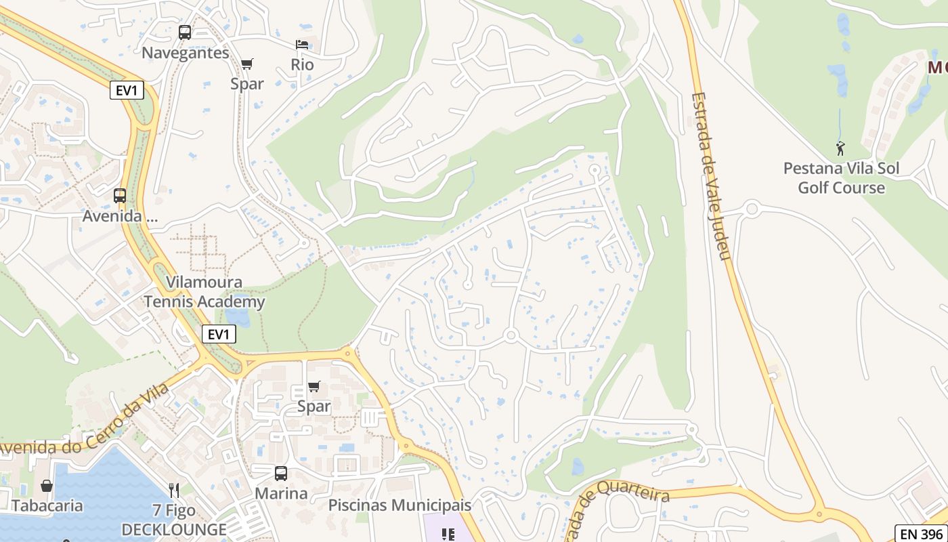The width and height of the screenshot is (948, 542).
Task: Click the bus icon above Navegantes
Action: pyautogui.click(x=184, y=32)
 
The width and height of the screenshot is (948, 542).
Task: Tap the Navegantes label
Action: pyautogui.click(x=185, y=53)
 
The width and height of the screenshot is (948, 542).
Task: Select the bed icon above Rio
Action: pyautogui.click(x=302, y=45)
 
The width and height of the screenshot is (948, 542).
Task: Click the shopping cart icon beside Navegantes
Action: pyautogui.click(x=246, y=64)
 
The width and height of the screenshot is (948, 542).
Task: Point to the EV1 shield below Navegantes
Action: pyautogui.click(x=127, y=90)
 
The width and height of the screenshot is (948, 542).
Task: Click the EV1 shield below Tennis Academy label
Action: pyautogui.click(x=219, y=334)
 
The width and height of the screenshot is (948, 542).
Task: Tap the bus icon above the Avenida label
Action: pyautogui.click(x=120, y=196)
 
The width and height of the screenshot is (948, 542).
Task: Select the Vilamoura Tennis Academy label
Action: pyautogui.click(x=204, y=292)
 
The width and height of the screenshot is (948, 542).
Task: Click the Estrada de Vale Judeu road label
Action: pyautogui.click(x=710, y=176)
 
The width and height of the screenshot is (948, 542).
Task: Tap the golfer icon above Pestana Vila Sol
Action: pyautogui.click(x=840, y=148)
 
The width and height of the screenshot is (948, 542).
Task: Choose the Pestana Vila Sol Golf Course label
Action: pyautogui.click(x=841, y=178)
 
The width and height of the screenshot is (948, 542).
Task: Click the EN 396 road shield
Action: pyautogui.click(x=920, y=533)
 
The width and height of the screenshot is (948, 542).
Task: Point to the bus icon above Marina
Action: pyautogui.click(x=281, y=474)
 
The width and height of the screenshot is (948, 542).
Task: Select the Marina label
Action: pyautogui.click(x=281, y=493)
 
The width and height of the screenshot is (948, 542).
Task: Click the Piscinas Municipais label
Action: pyautogui.click(x=400, y=505)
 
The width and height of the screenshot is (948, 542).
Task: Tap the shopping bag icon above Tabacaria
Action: pyautogui.click(x=47, y=486)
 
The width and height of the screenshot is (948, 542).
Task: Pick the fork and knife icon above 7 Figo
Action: pyautogui.click(x=174, y=490)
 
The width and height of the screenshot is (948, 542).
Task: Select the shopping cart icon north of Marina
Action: pyautogui.click(x=314, y=387)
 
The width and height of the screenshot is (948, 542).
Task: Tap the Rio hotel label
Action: pyautogui.click(x=302, y=64)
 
